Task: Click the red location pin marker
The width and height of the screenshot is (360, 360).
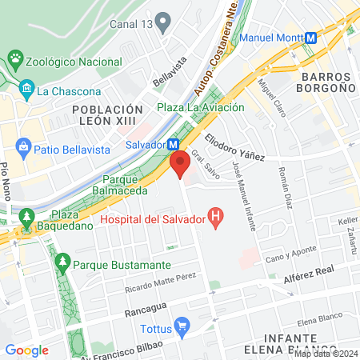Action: [180, 165]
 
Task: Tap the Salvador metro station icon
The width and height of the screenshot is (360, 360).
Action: [173, 145]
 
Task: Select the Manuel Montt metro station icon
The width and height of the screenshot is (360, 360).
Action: [319, 38]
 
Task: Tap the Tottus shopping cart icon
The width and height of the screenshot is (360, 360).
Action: [182, 325]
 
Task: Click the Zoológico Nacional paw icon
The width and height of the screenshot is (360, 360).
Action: [14, 58]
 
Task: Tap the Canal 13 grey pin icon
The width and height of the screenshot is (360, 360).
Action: [164, 23]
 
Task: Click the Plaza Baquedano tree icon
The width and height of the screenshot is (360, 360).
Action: [26, 216]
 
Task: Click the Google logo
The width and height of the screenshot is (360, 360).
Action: [26, 350]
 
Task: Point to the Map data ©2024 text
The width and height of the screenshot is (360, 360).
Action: [325, 354]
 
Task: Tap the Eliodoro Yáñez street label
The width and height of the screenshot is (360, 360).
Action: [235, 148]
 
